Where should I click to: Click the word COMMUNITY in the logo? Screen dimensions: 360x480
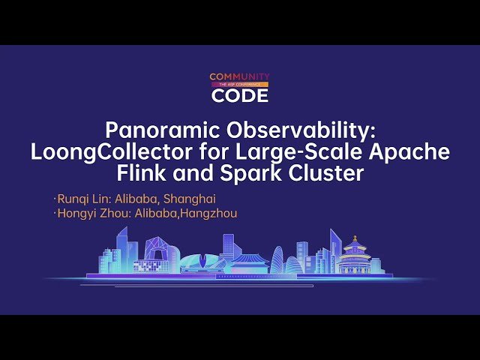pyautogui.click(x=239, y=76)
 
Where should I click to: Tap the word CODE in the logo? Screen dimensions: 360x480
pyautogui.click(x=239, y=95)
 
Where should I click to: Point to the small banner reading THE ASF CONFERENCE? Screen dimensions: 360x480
pyautogui.click(x=239, y=85)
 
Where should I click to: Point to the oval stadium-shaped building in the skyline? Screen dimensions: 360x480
pyautogui.click(x=202, y=262)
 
